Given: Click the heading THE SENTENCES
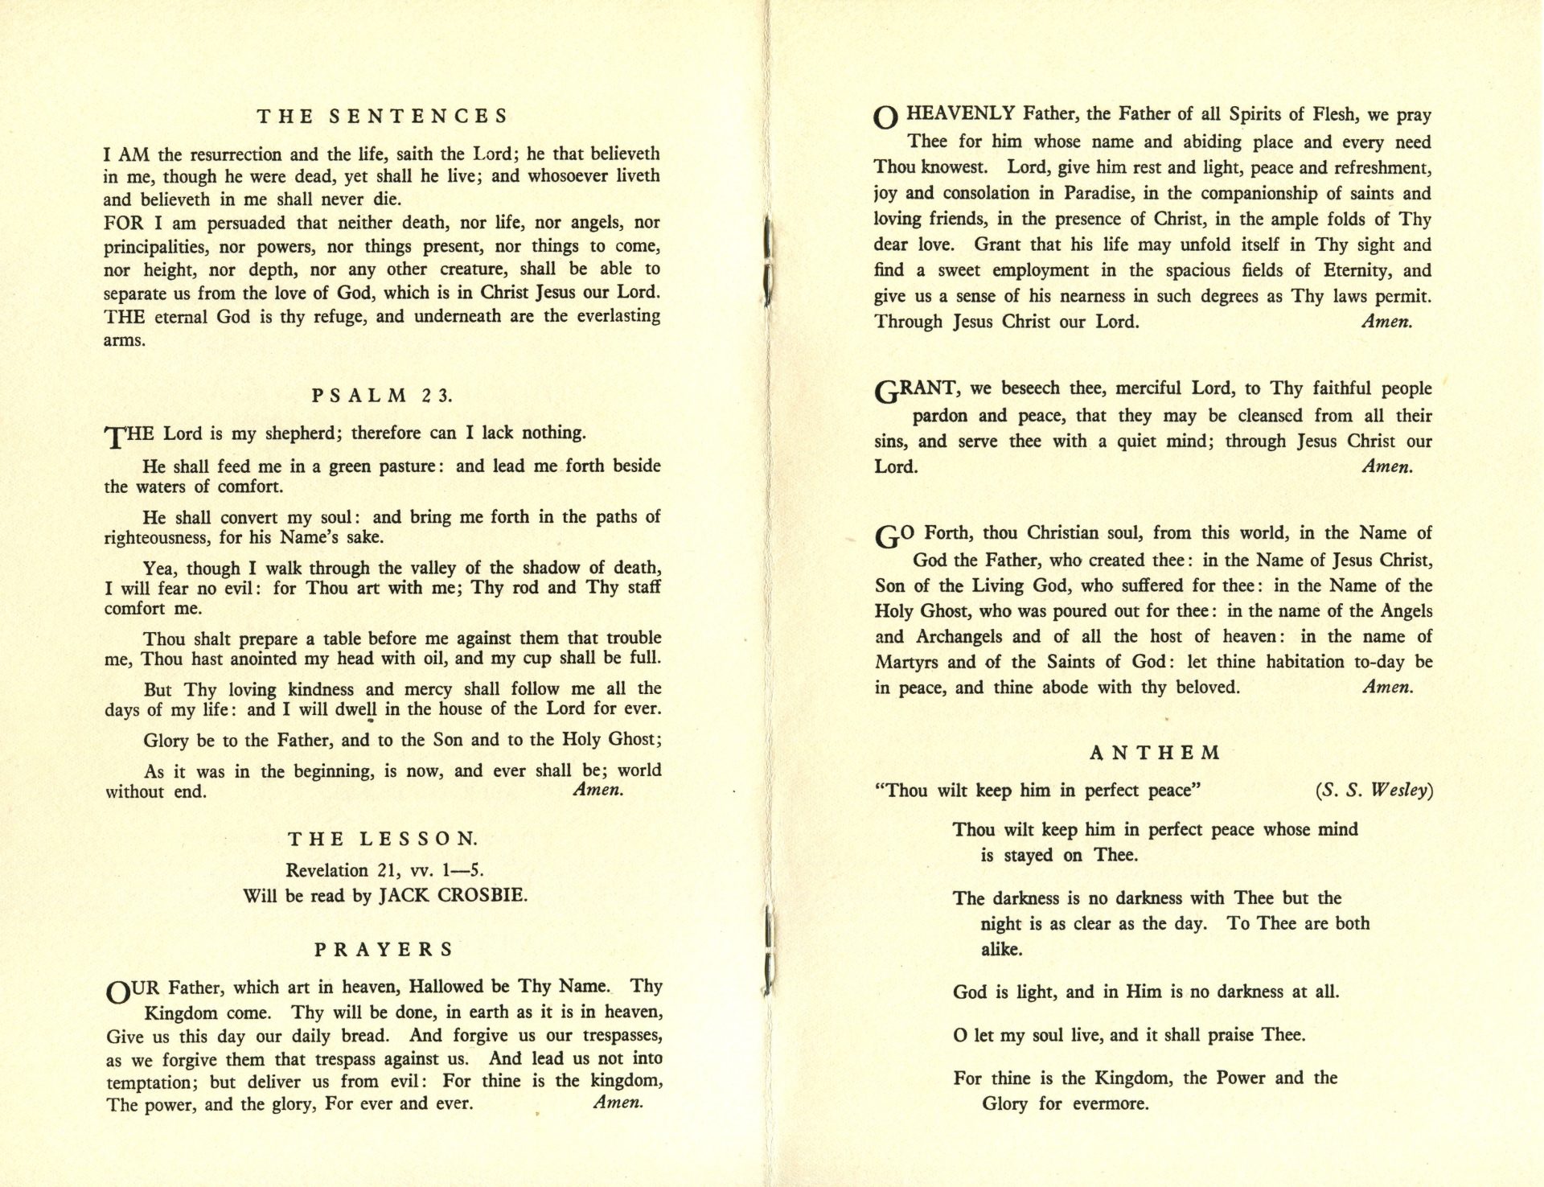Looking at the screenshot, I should point(383,117).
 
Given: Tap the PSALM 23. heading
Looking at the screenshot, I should point(383,395).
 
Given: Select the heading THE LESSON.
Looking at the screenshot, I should point(383,839).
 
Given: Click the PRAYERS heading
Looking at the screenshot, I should point(384,950).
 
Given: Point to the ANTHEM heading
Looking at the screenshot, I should point(1155,754).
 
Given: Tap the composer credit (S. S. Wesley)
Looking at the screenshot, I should point(1374,791).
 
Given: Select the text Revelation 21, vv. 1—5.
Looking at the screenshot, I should point(385,870).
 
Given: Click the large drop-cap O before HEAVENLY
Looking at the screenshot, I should point(885,118).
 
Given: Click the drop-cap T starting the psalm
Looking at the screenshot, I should point(113,437).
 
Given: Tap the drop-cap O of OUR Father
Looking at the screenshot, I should point(117,992).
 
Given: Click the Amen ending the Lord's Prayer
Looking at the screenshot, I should point(618,1103).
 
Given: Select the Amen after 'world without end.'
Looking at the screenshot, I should point(597,791).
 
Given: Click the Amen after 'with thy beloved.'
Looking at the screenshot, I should point(1387,688).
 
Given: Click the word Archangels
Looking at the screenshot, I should point(957,637).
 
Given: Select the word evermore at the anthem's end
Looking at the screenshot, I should point(1111,1104).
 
